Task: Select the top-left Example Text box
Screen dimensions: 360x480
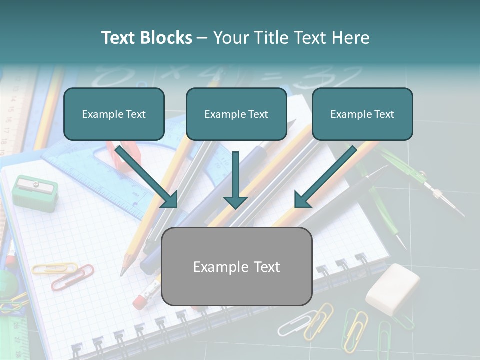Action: (x=114, y=114)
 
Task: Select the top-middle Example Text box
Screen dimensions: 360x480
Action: (x=236, y=114)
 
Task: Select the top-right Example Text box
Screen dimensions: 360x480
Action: (x=362, y=114)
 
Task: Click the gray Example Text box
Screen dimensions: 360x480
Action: (x=236, y=266)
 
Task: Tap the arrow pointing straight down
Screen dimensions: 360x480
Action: (x=235, y=180)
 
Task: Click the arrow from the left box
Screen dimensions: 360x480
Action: (x=147, y=177)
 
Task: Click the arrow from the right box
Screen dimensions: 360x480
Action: (x=325, y=177)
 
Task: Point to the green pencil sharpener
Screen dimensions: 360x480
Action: (x=35, y=192)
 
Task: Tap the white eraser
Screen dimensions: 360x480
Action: (x=393, y=289)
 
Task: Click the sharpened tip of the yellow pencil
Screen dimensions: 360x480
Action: (x=122, y=273)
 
